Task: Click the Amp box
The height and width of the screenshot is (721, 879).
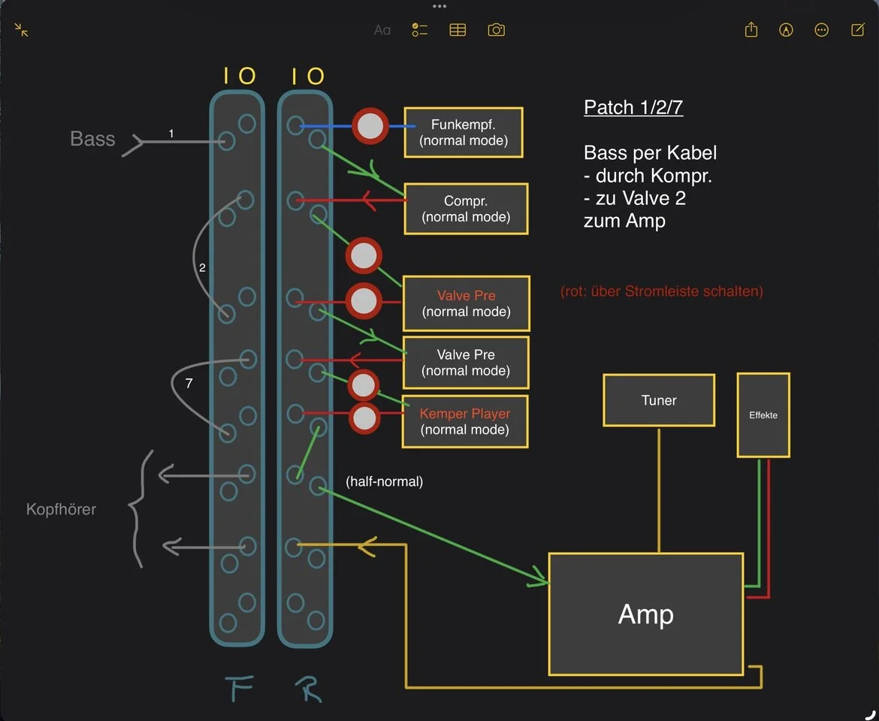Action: point(646,614)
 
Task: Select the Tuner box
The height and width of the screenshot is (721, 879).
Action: point(659,400)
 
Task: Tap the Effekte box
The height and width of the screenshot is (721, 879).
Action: point(763,415)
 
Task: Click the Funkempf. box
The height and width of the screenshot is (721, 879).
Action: point(464,132)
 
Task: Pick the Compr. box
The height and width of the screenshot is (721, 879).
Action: point(466,209)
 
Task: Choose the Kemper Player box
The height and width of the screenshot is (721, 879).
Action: point(465,421)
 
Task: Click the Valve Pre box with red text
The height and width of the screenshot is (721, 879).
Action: point(467,303)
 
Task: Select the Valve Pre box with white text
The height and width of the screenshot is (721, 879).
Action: point(466,362)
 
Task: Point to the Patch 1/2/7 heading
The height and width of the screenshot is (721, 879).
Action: point(633,107)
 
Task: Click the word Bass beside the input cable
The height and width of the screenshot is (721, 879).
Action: point(92,139)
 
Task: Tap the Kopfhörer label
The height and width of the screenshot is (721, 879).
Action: point(61,509)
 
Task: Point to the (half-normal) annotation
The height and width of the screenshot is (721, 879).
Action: point(385,481)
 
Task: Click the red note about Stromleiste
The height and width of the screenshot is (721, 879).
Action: point(662,291)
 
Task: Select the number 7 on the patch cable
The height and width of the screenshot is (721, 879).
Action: point(189,383)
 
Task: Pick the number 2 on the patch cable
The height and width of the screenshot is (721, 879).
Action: point(202,267)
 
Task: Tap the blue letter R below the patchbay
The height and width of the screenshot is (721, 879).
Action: point(307,686)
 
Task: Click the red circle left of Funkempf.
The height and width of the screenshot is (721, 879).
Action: point(370,127)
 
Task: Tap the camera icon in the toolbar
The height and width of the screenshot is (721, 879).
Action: point(496,30)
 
